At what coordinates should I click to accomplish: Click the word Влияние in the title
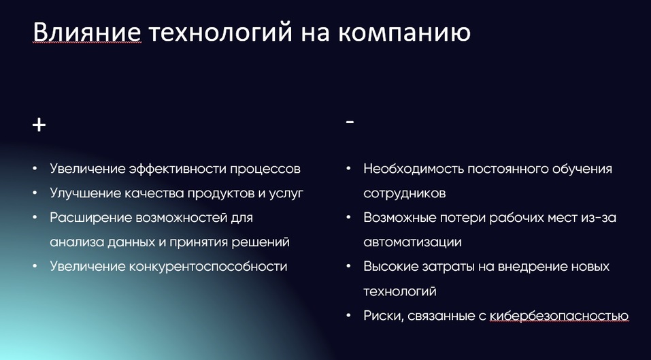coord(87,32)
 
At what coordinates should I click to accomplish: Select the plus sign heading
coord(39,125)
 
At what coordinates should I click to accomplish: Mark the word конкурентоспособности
coord(208,266)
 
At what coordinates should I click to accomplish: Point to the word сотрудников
coord(405,193)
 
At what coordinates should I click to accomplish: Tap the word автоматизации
coord(412,242)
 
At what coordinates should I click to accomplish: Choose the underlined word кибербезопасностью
coord(558,315)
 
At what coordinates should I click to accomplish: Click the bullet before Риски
coord(348,315)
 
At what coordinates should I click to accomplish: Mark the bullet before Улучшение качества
coord(35,193)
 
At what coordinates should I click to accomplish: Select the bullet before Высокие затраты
coord(348,266)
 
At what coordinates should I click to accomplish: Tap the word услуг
coord(287,193)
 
